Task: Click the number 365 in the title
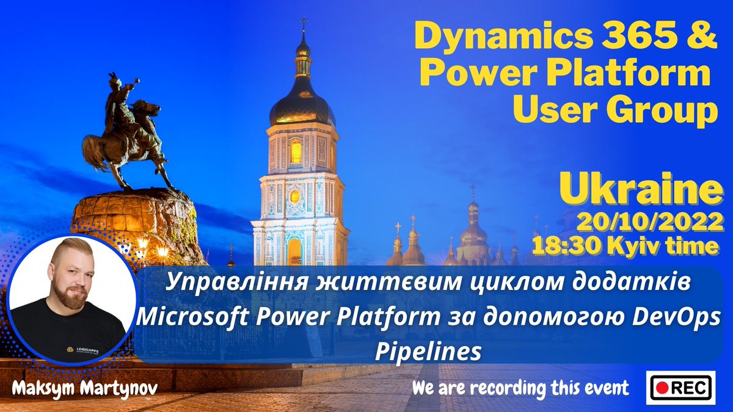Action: tap(638, 38)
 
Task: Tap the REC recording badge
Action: tap(680, 387)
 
